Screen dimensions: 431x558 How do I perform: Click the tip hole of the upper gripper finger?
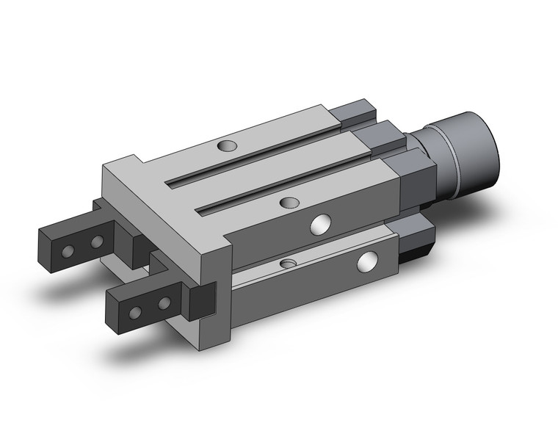point(68,251)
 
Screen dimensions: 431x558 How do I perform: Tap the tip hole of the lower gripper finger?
point(135,313)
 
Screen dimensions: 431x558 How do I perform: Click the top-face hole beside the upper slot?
point(228,145)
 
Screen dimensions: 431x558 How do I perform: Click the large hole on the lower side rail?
point(366,258)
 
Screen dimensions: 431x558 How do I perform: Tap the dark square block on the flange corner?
point(201,301)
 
